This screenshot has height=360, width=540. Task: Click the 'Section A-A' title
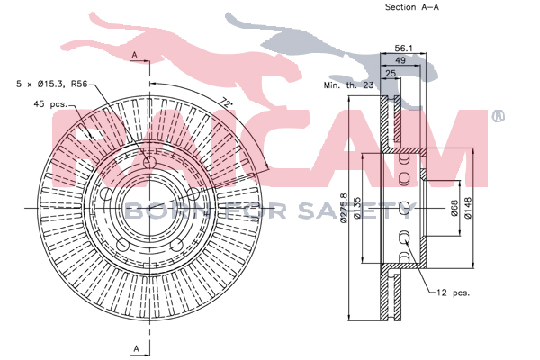pos(412,7)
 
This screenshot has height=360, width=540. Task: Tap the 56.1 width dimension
pos(403,49)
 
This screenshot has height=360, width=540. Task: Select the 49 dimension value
pos(400,60)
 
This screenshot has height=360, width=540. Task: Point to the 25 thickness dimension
pos(391,73)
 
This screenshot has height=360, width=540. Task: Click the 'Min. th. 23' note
pos(348,85)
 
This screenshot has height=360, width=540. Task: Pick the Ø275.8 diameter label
pos(344,208)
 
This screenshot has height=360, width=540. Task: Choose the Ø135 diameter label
pos(356,208)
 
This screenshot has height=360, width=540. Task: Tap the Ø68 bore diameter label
pos(454,209)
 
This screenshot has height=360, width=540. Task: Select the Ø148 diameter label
pos(468,208)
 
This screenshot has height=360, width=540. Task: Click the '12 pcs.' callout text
pos(453,292)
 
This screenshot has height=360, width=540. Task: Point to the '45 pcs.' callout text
pos(50,103)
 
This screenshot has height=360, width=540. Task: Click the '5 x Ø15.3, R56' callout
pos(52,84)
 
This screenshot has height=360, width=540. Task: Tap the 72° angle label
pos(226,103)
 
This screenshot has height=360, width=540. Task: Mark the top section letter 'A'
pos(135,55)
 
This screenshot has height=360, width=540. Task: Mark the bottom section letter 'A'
pos(137,348)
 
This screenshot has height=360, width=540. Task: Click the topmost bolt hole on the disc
pos(149,163)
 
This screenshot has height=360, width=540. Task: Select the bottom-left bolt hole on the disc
pos(122,245)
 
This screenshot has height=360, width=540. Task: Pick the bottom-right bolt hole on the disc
pos(176,246)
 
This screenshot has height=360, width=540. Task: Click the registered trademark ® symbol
pos(498,116)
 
